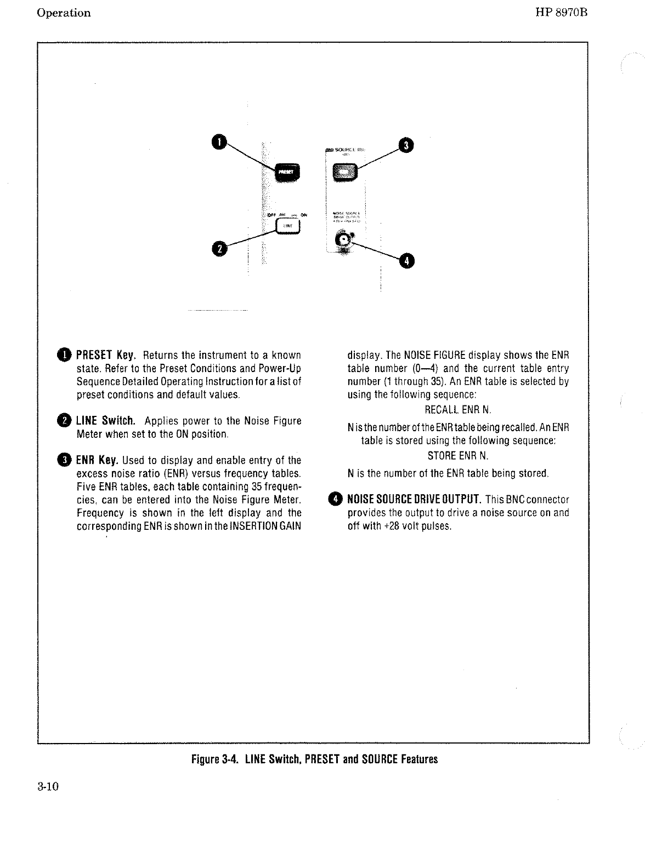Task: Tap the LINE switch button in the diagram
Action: click(289, 226)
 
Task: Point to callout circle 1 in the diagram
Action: click(218, 141)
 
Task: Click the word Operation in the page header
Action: click(64, 13)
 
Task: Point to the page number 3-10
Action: click(48, 787)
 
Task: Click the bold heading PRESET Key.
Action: click(106, 355)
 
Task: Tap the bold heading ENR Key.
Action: click(98, 460)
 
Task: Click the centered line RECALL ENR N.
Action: click(459, 410)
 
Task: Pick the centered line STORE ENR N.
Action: click(458, 456)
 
